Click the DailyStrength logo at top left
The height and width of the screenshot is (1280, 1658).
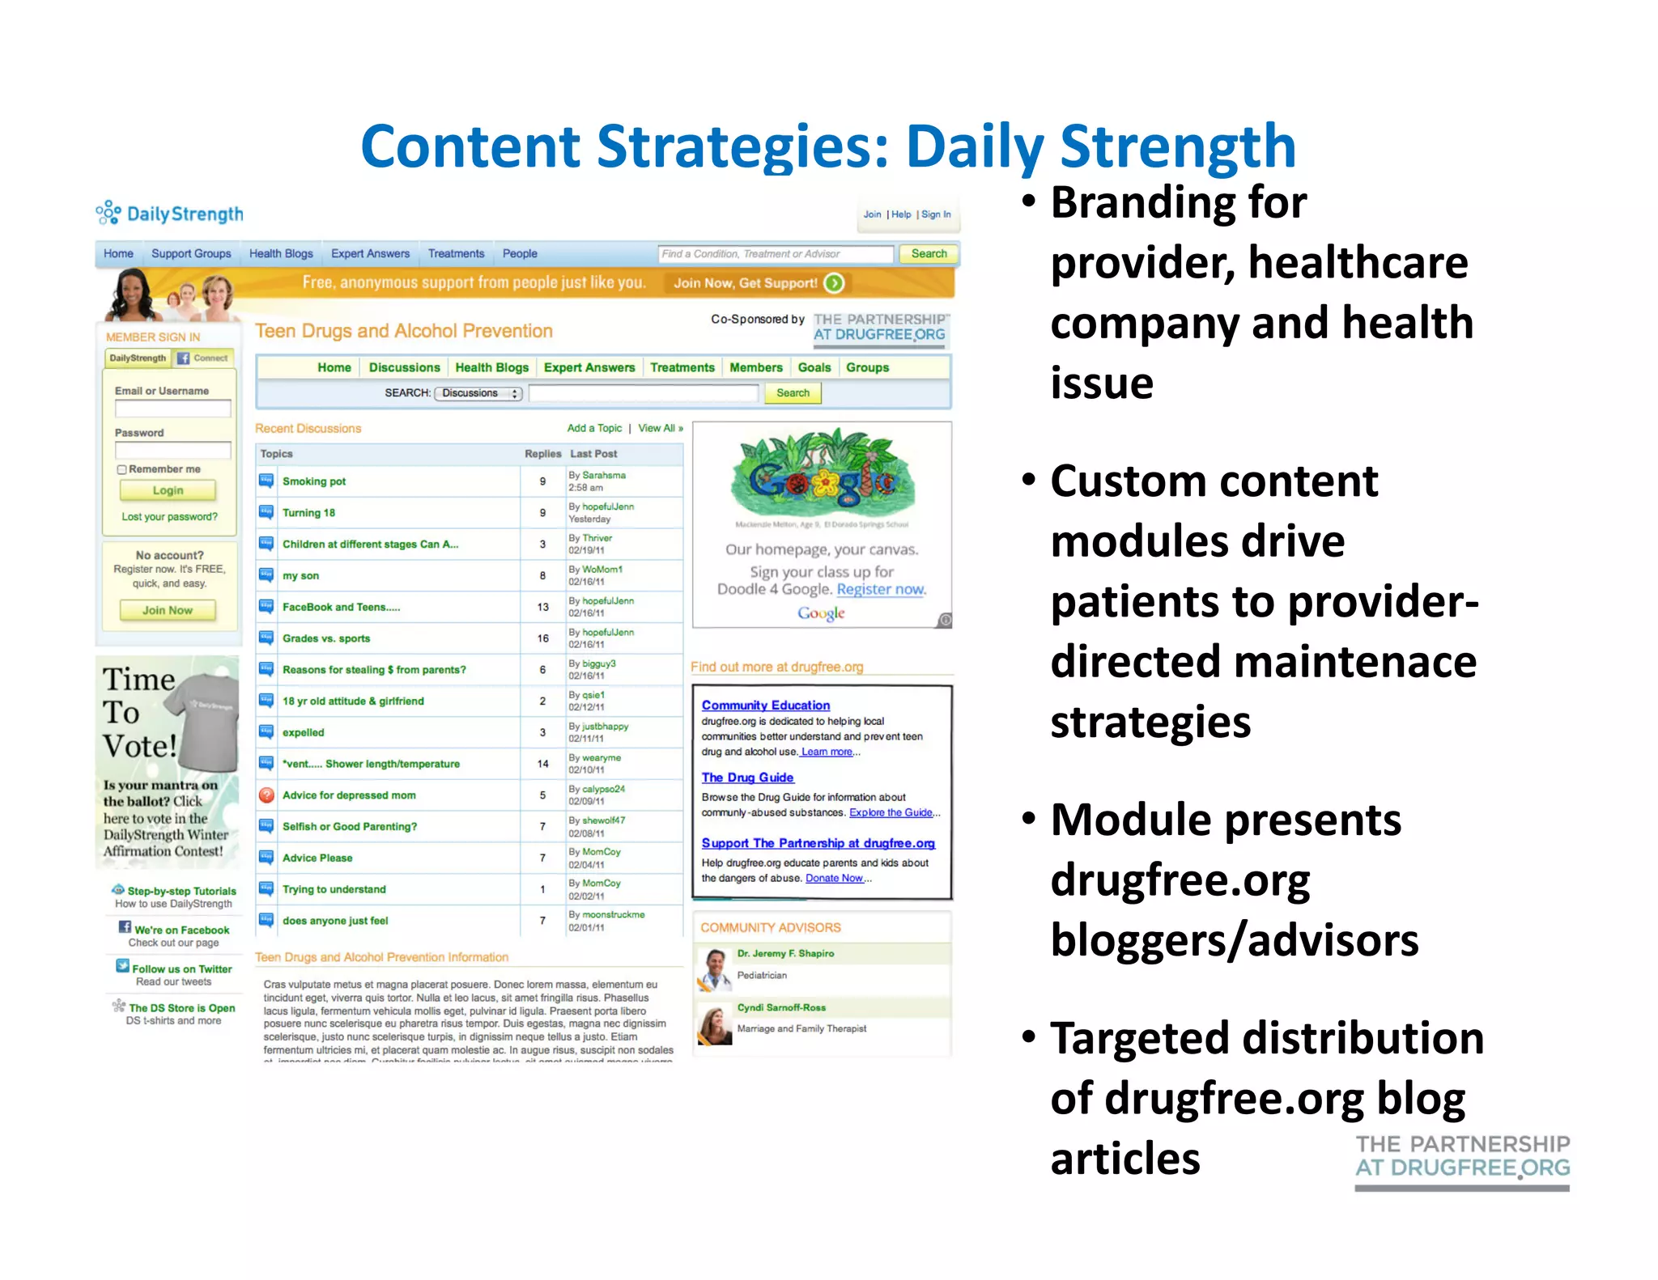point(169,214)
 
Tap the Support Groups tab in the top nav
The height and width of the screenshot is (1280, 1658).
point(191,253)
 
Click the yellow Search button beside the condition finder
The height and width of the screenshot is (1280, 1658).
point(928,253)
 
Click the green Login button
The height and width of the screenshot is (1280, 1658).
point(168,490)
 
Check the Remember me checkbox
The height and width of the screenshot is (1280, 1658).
point(121,469)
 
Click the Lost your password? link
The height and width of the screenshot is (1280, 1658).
point(169,516)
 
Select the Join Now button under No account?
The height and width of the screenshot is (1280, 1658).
point(168,610)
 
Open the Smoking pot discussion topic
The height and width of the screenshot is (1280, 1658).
point(313,481)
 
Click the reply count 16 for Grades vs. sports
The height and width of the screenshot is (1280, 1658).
point(542,638)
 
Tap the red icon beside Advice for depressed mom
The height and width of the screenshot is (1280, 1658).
point(266,795)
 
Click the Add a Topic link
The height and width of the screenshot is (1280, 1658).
point(594,428)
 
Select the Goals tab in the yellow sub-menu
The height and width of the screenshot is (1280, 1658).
point(814,367)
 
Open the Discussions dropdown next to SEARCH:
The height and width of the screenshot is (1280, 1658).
point(478,393)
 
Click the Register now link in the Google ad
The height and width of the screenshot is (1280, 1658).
point(880,589)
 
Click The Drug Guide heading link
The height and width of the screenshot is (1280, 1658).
point(746,777)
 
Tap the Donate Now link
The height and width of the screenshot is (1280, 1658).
point(834,878)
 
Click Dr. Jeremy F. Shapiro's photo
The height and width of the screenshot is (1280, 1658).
point(714,968)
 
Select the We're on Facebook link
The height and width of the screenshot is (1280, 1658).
point(181,930)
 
